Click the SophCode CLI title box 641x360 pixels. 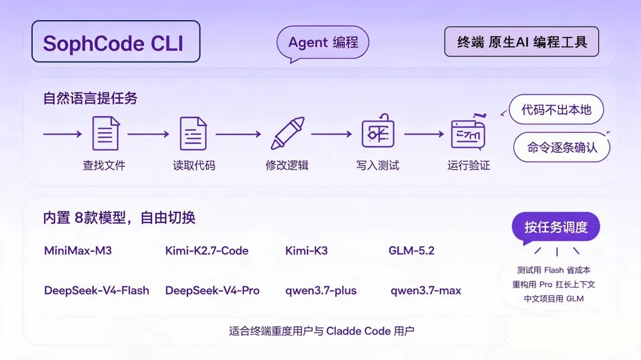pos(116,42)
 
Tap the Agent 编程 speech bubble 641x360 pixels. pos(322,43)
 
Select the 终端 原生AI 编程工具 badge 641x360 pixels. pos(522,42)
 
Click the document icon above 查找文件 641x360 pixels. pos(106,133)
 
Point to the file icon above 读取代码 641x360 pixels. pos(193,133)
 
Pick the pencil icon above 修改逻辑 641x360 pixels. pos(287,133)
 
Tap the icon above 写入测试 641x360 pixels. pos(378,130)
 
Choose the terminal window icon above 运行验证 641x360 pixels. pos(468,132)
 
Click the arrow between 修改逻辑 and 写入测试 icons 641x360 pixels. pos(332,134)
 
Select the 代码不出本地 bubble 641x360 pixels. pos(556,110)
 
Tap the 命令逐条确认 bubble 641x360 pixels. pos(561,147)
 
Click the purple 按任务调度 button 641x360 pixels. pos(556,227)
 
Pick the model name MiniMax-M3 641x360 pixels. pos(78,250)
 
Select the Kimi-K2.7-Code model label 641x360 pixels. pos(207,250)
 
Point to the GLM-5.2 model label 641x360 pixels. pos(411,250)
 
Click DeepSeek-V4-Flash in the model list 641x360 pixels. pos(97,291)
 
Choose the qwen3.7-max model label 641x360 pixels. pos(426,291)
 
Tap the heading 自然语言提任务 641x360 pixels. pos(90,98)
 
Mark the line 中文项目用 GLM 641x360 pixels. pos(554,299)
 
